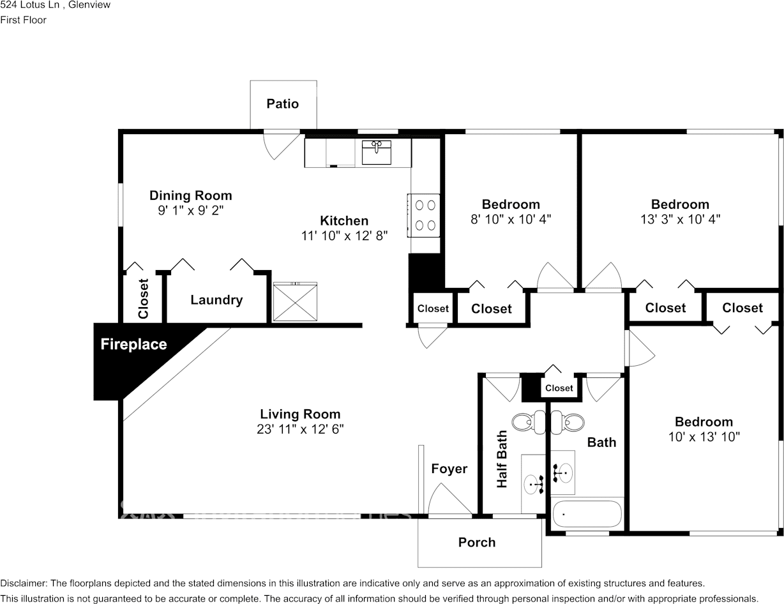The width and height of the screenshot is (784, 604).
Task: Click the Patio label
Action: click(x=283, y=103)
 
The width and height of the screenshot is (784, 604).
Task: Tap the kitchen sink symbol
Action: click(x=376, y=153)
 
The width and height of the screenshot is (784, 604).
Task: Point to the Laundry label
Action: click(x=216, y=300)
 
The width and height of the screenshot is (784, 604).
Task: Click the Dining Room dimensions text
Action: click(x=191, y=210)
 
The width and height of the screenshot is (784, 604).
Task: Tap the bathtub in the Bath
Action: click(x=587, y=513)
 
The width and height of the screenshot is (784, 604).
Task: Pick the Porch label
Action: click(x=477, y=542)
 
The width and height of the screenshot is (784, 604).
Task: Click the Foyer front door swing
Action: click(x=451, y=499)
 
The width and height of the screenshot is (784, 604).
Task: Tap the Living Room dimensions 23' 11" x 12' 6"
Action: click(x=300, y=429)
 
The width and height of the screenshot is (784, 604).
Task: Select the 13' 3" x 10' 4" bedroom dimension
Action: click(x=680, y=219)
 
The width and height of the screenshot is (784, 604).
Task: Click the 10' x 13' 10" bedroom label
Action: click(x=704, y=422)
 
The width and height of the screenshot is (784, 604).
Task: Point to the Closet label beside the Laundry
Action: click(x=143, y=298)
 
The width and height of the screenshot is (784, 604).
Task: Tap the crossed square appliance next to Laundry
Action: click(x=295, y=302)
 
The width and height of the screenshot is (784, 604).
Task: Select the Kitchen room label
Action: click(x=344, y=221)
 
